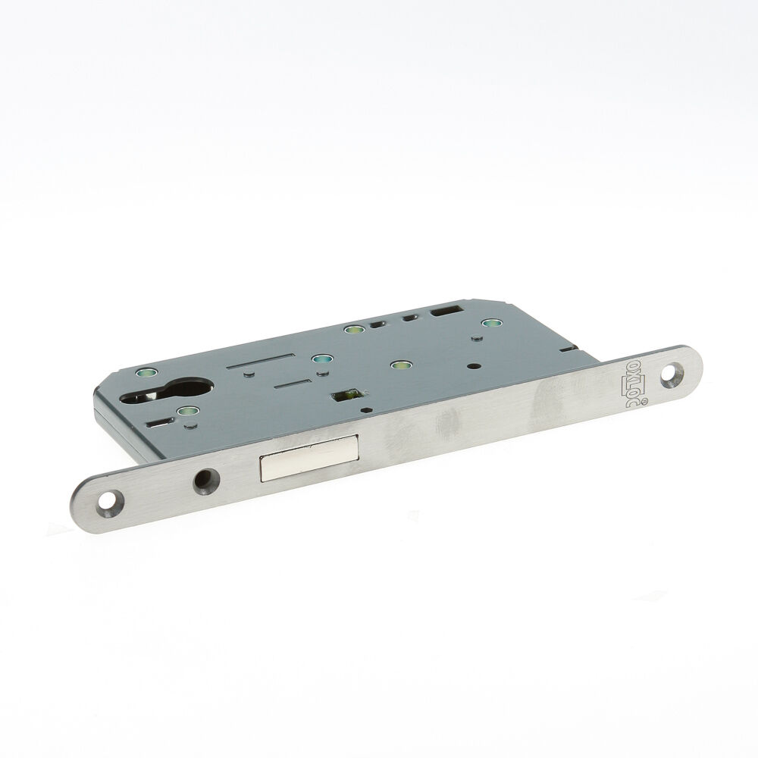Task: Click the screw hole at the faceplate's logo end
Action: (671, 374)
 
